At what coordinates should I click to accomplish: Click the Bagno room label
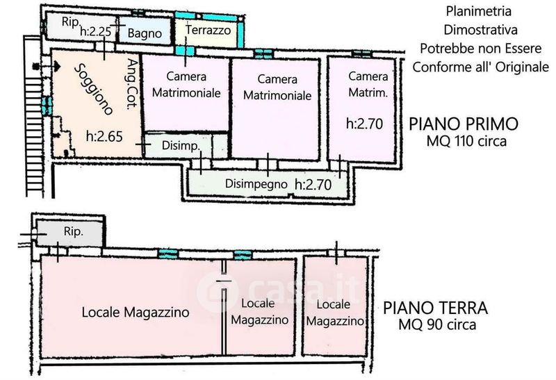(x=145, y=33)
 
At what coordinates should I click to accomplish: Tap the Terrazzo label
(x=208, y=30)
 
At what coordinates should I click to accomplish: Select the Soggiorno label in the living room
(x=94, y=90)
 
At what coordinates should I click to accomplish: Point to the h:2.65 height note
(x=104, y=136)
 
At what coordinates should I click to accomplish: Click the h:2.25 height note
(x=96, y=31)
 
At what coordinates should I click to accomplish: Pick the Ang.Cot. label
(x=132, y=84)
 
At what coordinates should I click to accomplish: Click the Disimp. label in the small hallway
(x=181, y=145)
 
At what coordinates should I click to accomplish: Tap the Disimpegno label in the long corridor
(x=256, y=184)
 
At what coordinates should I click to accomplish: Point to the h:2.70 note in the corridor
(x=313, y=184)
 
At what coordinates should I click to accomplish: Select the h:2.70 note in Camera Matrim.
(x=364, y=124)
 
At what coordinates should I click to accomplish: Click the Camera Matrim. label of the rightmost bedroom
(x=368, y=84)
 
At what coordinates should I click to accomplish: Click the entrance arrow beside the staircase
(x=47, y=66)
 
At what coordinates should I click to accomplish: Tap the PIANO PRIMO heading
(x=464, y=124)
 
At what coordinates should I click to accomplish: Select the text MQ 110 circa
(x=466, y=141)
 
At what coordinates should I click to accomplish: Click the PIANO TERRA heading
(x=436, y=308)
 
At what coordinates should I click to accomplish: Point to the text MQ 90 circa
(x=437, y=324)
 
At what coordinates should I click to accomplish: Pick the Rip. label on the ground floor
(x=74, y=231)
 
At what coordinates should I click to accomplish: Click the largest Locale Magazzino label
(x=136, y=313)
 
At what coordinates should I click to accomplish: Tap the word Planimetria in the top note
(x=478, y=11)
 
